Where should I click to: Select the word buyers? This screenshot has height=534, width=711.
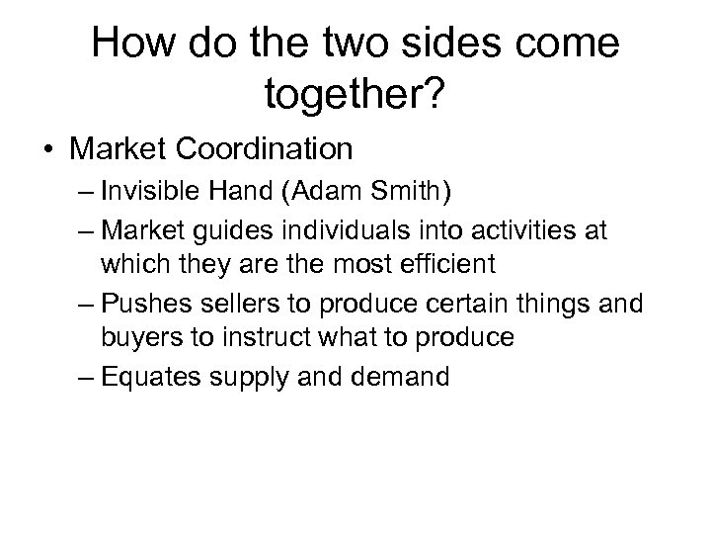(x=135, y=337)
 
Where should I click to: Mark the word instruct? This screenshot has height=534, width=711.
(x=247, y=337)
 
